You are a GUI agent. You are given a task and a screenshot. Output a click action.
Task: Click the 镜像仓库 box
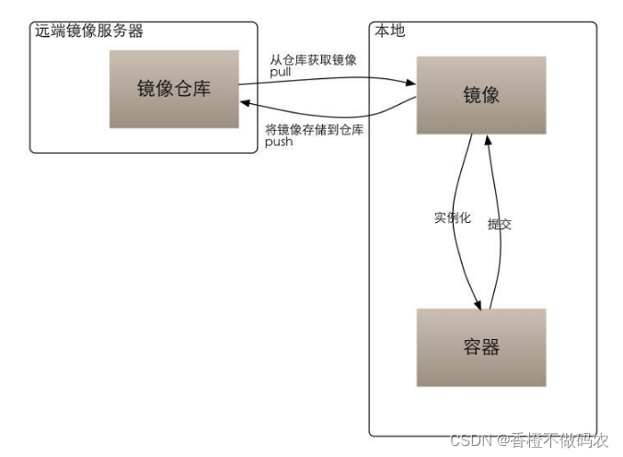point(174,88)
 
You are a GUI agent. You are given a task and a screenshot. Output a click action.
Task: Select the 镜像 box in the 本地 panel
point(480,94)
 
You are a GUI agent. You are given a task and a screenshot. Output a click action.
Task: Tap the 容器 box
point(480,346)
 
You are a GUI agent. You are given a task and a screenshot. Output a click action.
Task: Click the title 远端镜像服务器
point(88,31)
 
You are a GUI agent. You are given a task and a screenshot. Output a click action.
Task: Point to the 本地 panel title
point(389,31)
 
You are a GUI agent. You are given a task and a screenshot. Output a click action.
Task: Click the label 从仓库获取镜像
point(313,60)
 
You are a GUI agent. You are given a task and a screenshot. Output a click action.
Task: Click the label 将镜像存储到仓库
point(314,131)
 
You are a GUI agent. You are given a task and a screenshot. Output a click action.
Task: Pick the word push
point(280,143)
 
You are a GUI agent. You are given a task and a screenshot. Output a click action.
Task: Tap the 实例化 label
point(452,218)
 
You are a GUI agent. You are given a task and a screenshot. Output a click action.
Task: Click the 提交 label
point(499,223)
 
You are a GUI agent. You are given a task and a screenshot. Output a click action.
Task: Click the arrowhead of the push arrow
point(245,105)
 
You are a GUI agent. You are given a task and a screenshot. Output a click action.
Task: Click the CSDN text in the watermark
point(467,439)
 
